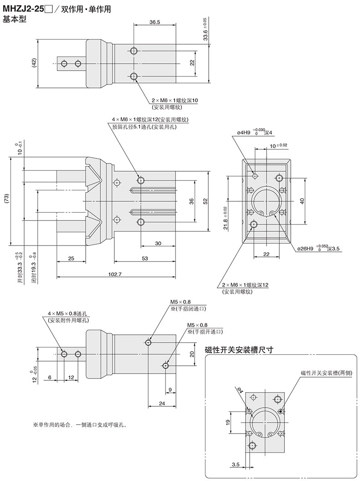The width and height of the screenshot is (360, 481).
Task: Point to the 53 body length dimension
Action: coord(144,258)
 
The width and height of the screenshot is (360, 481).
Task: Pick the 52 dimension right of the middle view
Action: coord(205,201)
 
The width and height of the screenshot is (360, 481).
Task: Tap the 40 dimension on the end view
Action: coord(302,201)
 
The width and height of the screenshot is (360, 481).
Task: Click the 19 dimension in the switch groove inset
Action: coord(228,422)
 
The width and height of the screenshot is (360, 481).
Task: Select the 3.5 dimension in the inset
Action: coord(236,465)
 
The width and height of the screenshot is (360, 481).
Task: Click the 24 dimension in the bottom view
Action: coord(162,404)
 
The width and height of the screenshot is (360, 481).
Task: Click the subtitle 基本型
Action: coord(11,19)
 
